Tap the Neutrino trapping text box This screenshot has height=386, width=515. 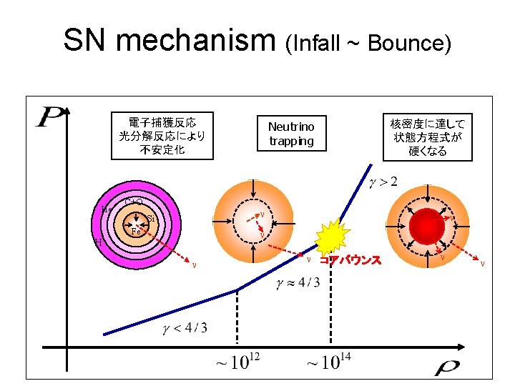(x=291, y=134)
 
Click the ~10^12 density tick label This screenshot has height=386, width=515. (x=237, y=362)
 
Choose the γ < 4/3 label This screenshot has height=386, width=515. (x=185, y=328)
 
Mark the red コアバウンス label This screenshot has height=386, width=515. (x=350, y=260)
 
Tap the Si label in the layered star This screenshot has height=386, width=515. (x=151, y=218)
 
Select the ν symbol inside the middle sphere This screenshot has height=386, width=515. (x=263, y=214)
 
